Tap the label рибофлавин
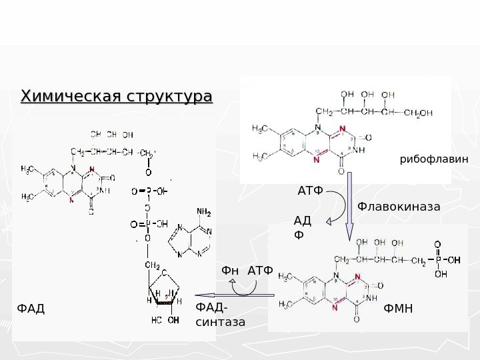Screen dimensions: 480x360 click(434, 159)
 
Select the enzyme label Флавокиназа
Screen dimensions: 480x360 click(399, 207)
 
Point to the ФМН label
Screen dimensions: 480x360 click(399, 309)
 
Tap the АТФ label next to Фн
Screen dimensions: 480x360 click(261, 271)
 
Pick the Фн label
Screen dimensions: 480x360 click(230, 271)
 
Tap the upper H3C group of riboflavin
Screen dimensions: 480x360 click(261, 127)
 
